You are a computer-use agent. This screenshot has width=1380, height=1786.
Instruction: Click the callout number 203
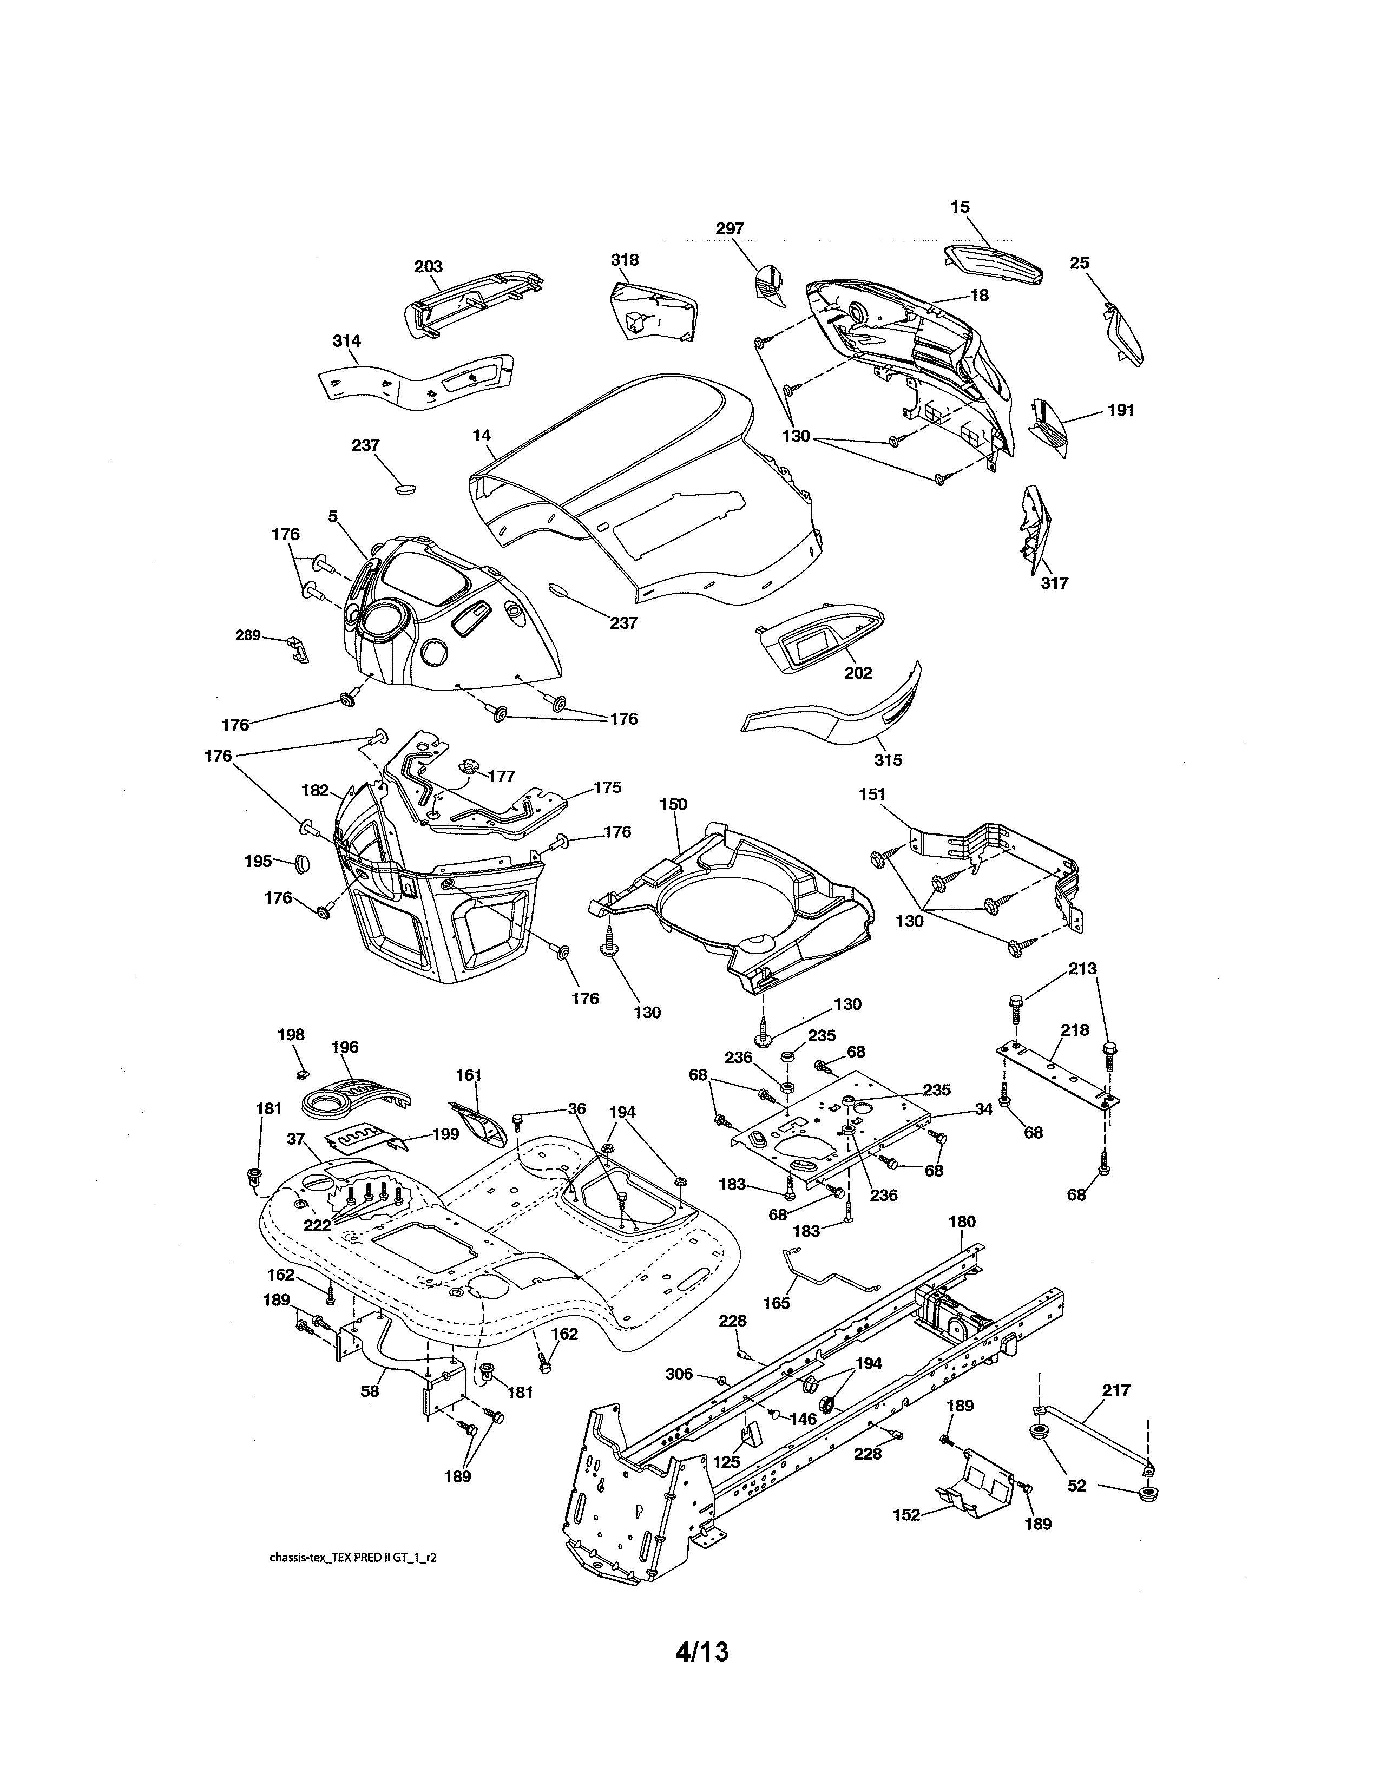[x=429, y=267]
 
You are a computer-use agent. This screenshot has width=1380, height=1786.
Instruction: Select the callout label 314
[x=347, y=341]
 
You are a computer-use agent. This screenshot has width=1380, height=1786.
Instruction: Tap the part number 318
[x=625, y=260]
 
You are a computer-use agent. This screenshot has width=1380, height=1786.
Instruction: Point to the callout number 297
[x=730, y=229]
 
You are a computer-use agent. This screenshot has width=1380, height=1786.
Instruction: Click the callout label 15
[x=960, y=208]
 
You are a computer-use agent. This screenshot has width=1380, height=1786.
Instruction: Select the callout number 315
[x=888, y=760]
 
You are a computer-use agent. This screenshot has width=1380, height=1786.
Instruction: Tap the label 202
[x=858, y=673]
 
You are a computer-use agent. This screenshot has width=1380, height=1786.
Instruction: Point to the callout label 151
[x=872, y=794]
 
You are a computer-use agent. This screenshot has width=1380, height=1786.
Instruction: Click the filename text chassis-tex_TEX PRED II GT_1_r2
[x=352, y=1558]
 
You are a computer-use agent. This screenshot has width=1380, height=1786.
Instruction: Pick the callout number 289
[x=248, y=635]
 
